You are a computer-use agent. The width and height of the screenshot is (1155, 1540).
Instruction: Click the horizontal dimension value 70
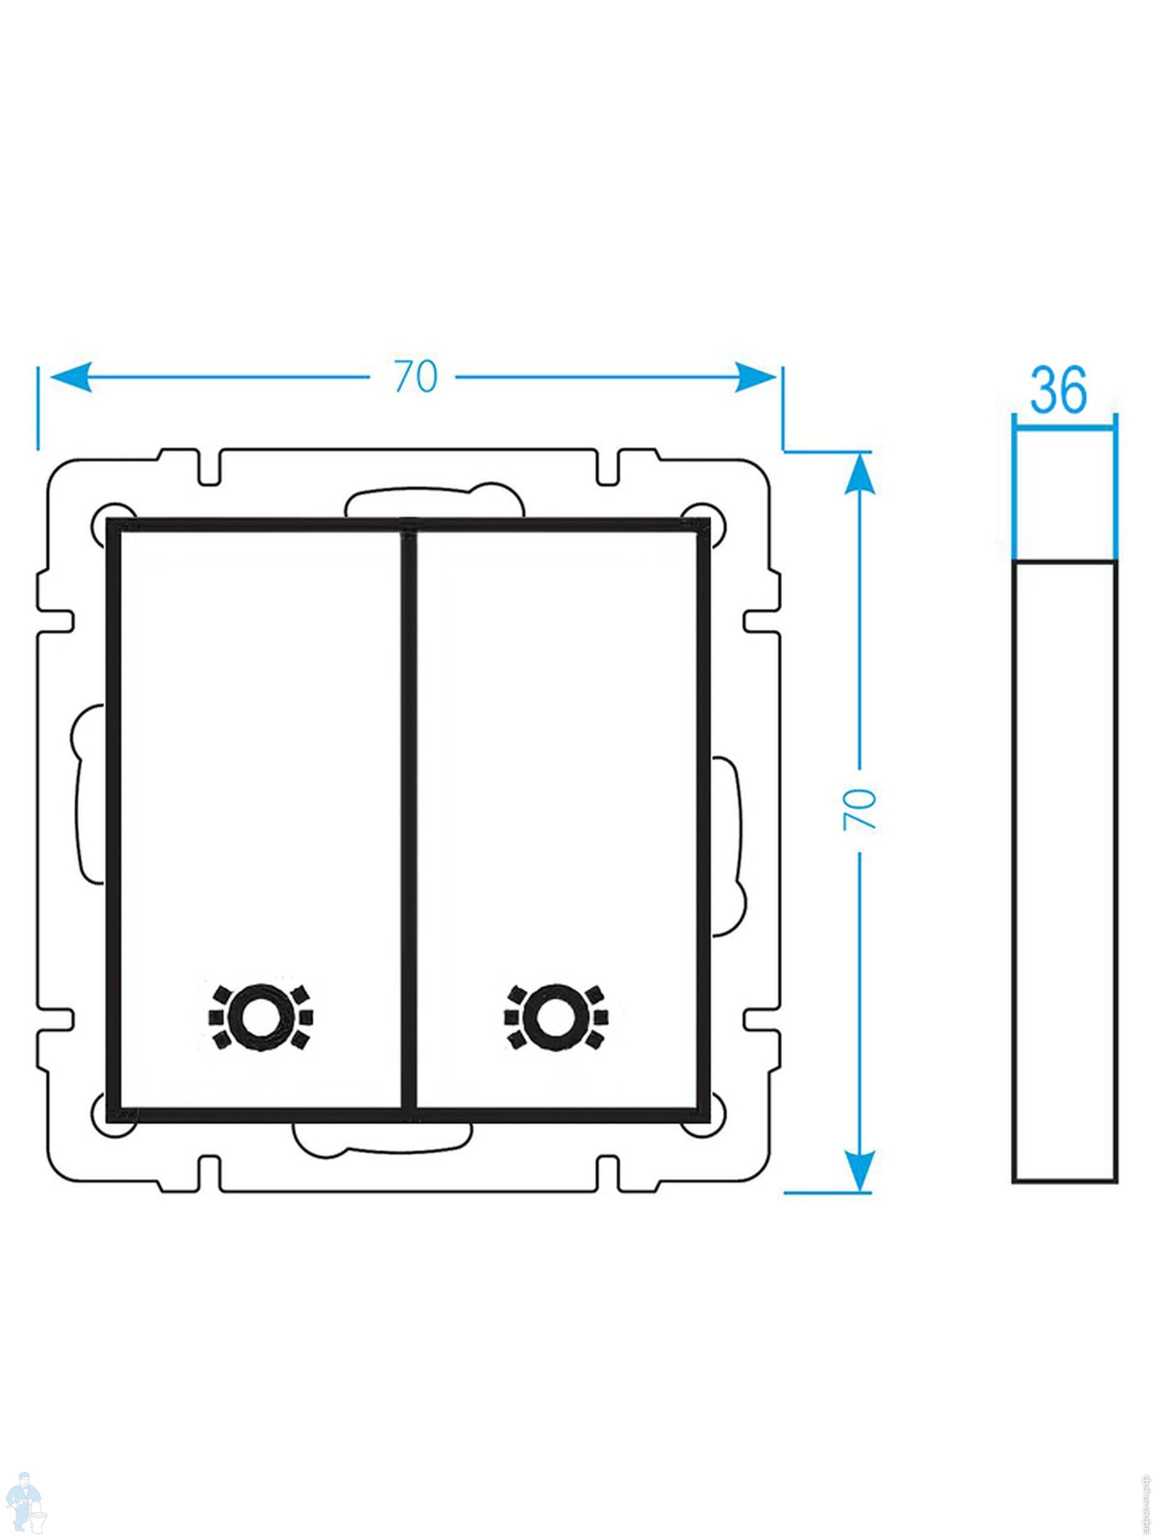click(416, 377)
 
